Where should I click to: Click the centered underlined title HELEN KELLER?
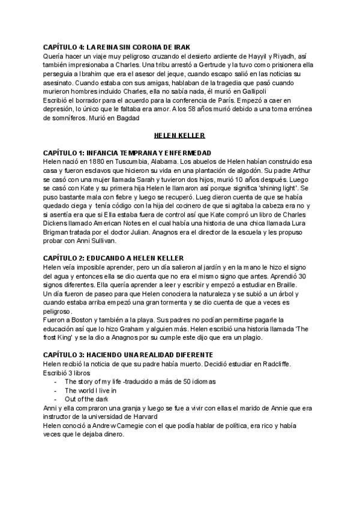point(179,137)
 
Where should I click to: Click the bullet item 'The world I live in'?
point(90,390)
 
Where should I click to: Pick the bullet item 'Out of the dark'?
point(86,399)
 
